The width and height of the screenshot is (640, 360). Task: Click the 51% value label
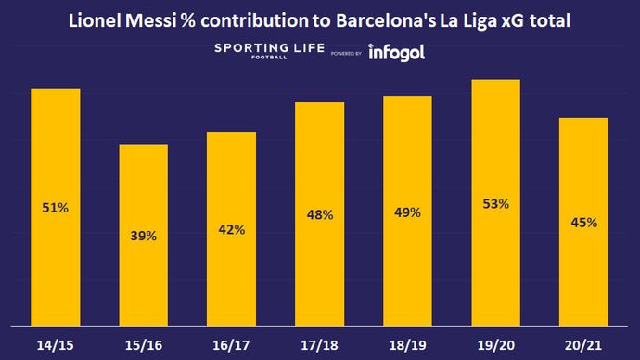point(56,209)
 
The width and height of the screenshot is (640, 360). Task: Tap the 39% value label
point(143,236)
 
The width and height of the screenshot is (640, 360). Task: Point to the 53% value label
point(495,203)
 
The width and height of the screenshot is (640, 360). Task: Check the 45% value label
point(583,223)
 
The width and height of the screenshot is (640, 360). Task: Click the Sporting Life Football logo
point(263,52)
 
